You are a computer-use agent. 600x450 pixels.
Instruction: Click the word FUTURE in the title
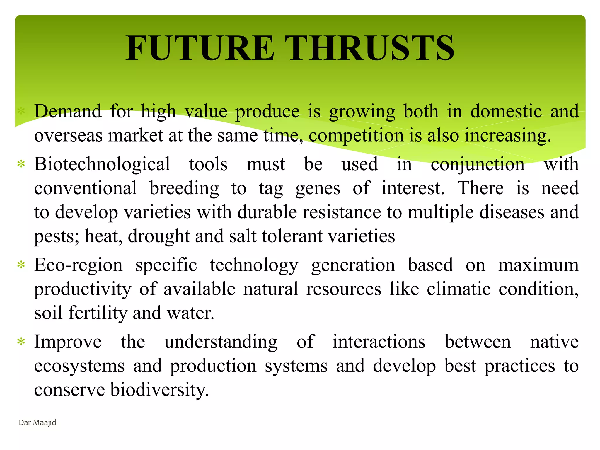tap(200, 48)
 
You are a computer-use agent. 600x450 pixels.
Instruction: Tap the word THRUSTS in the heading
tap(369, 48)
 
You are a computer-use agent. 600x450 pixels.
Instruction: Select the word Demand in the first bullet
tap(68, 112)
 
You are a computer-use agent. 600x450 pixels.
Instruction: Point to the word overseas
tap(68, 136)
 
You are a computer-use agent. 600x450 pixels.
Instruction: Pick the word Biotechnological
tap(102, 164)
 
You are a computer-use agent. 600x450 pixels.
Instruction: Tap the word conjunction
tap(478, 165)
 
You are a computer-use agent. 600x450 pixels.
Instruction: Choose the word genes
tap(318, 188)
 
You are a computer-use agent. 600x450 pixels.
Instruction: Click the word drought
tap(158, 236)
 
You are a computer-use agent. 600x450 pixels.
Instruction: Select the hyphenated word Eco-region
tap(78, 265)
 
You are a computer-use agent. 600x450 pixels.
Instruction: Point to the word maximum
tap(538, 265)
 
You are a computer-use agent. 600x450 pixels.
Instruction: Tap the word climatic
tap(458, 289)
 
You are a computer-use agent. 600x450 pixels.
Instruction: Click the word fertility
tap(98, 313)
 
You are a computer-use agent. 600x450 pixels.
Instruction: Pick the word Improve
tap(68, 342)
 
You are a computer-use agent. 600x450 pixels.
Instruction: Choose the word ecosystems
tap(79, 366)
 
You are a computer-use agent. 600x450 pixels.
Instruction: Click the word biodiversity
tap(159, 390)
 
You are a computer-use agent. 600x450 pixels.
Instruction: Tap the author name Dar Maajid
tap(37, 422)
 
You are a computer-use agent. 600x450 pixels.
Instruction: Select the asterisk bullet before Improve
tap(21, 342)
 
